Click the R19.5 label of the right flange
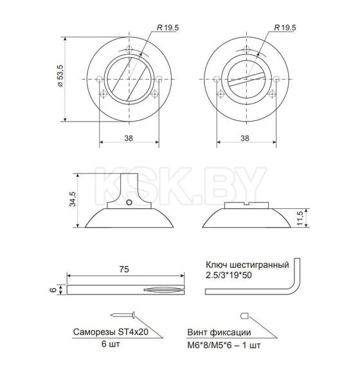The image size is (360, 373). [284, 28]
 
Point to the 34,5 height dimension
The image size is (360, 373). [73, 199]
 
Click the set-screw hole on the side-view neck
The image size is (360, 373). [129, 204]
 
